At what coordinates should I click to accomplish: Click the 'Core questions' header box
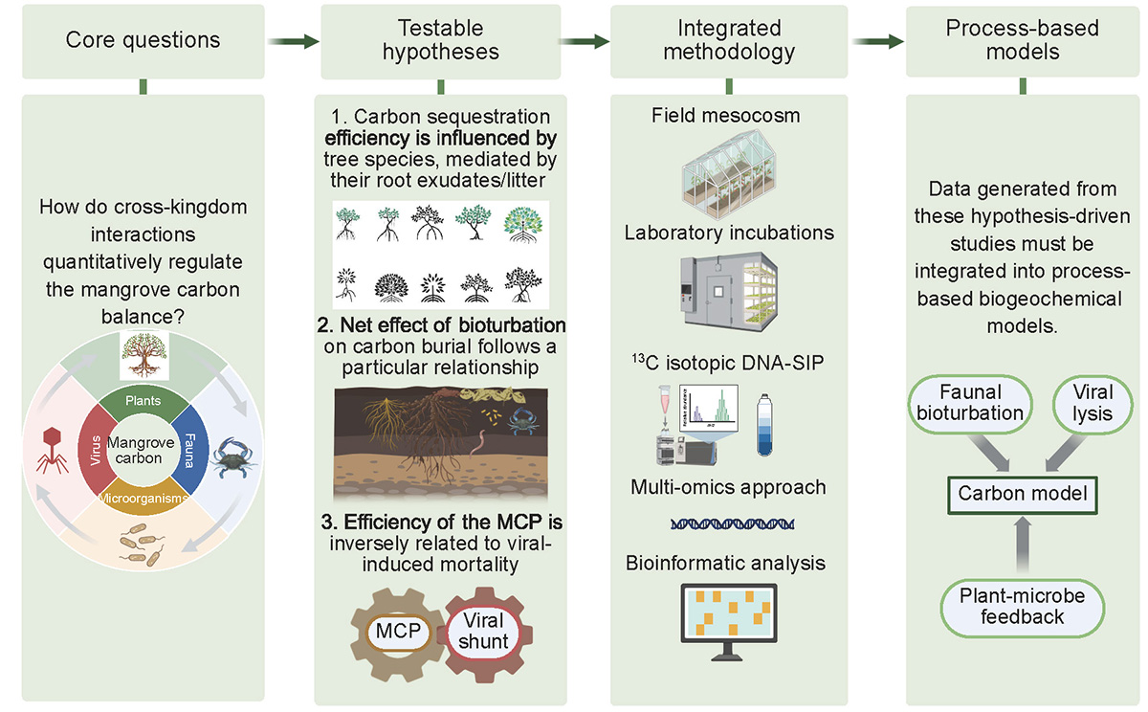pos(143,41)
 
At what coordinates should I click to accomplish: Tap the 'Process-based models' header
pos(1022,41)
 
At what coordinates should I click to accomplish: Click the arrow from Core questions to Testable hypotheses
pos(293,41)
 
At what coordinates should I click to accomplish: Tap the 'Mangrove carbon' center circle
pos(143,451)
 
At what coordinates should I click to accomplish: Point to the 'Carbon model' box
pos(1023,495)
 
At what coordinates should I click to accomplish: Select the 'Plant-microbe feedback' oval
pos(1023,605)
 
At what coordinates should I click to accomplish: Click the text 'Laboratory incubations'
pos(729,233)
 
